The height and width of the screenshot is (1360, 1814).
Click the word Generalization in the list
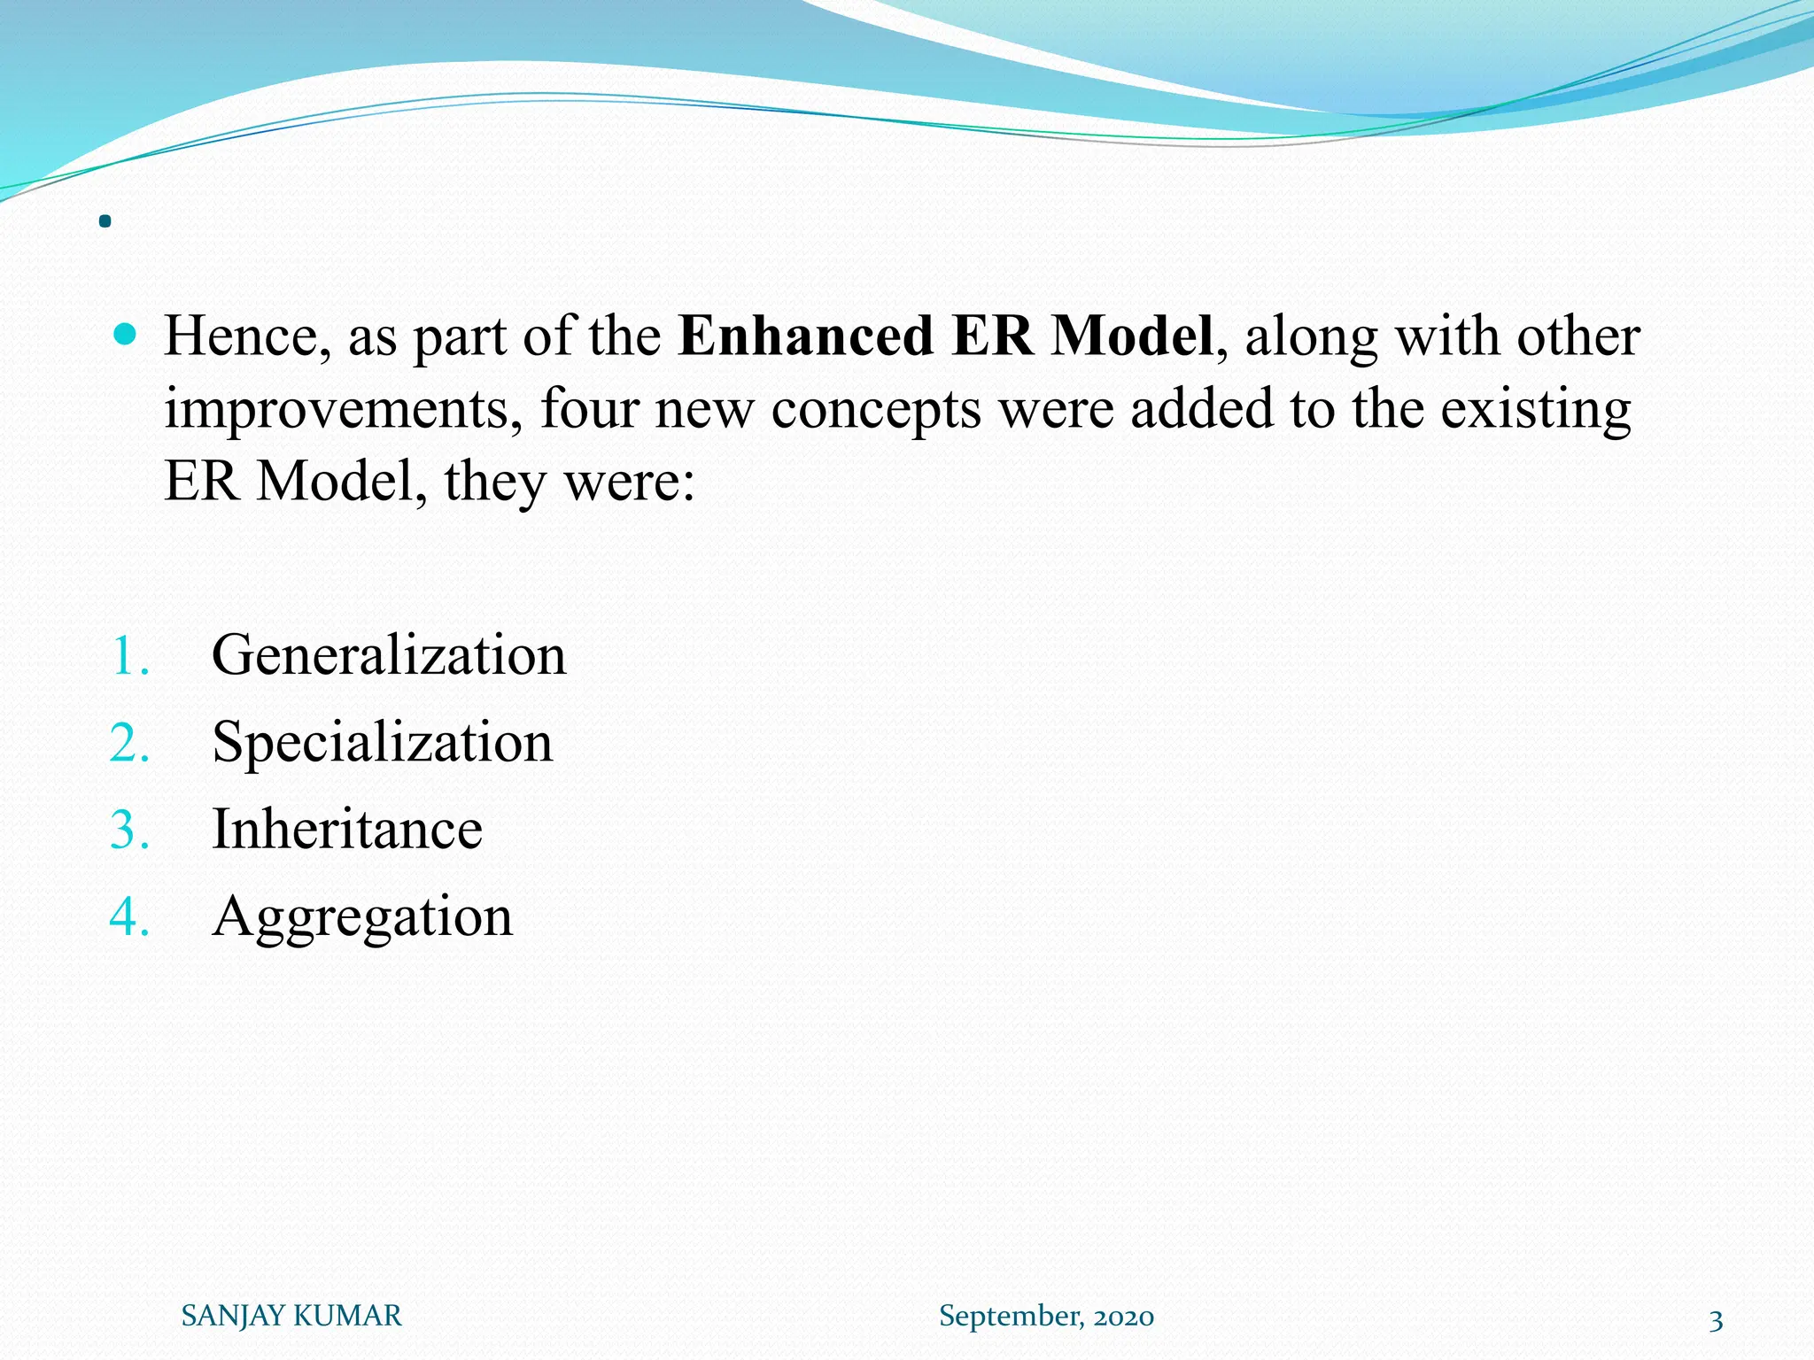(389, 655)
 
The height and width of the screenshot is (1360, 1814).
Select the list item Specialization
(382, 742)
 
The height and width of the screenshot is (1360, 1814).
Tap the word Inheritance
(347, 829)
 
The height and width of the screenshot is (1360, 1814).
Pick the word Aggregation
(362, 916)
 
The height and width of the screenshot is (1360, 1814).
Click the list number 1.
(129, 657)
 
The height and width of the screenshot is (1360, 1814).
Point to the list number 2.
(129, 744)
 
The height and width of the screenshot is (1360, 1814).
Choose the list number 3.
(129, 831)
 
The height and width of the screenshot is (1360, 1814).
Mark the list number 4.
(129, 917)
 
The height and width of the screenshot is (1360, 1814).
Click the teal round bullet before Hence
(126, 334)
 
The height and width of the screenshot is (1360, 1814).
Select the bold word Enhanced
(805, 337)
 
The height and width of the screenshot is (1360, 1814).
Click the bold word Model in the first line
(1131, 337)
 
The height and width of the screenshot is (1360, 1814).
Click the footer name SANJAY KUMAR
(291, 1316)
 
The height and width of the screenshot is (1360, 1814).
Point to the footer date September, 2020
(1046, 1317)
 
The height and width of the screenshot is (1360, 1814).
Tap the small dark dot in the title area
(105, 221)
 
